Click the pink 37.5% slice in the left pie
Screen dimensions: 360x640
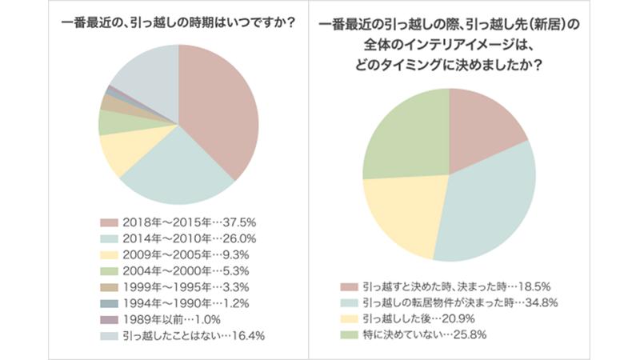click(220, 108)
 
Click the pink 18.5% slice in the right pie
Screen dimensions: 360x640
click(484, 128)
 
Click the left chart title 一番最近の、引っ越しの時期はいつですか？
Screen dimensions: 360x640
click(178, 23)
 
